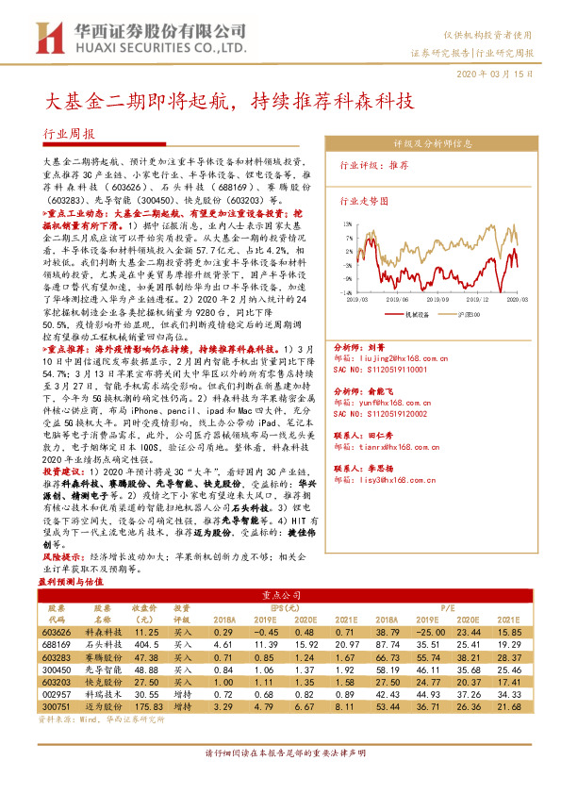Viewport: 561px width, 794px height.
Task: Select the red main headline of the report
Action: click(x=231, y=100)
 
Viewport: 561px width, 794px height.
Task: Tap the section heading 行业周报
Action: click(x=70, y=134)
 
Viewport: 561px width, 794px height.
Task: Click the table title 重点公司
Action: click(x=280, y=596)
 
